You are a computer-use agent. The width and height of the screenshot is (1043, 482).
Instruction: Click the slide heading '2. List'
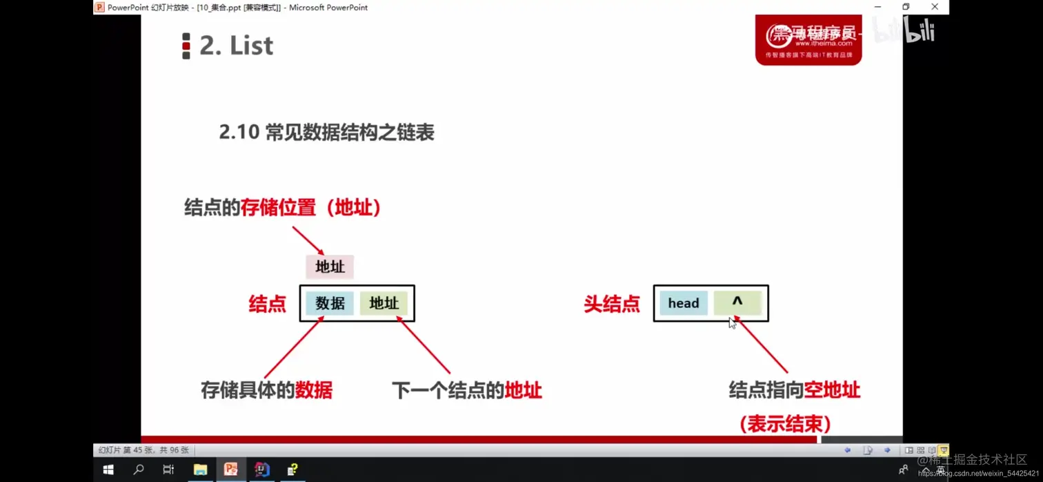(235, 46)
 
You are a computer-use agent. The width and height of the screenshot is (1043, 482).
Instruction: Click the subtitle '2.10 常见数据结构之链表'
(326, 132)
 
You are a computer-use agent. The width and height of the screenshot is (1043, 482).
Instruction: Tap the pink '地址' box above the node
(330, 267)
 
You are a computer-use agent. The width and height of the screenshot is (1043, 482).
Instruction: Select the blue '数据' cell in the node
(330, 303)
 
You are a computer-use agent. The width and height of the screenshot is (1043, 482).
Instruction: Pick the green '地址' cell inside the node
(384, 303)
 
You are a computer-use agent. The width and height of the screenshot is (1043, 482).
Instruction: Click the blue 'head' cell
(683, 303)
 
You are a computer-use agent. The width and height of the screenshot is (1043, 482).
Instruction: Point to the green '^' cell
(737, 302)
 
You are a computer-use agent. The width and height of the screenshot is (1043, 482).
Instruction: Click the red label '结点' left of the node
(267, 304)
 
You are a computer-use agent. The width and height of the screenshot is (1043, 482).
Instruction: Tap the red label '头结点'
(611, 304)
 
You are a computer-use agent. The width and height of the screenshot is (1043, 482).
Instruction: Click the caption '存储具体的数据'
(267, 390)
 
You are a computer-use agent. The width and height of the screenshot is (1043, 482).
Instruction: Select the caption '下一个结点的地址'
(466, 391)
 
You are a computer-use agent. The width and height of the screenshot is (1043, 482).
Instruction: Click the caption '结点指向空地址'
(794, 390)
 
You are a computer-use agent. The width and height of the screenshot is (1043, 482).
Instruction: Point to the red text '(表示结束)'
(785, 423)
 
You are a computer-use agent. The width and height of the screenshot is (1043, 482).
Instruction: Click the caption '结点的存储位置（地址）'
(283, 207)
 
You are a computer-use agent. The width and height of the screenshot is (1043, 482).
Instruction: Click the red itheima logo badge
(808, 40)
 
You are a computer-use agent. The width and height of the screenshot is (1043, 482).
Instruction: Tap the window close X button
(935, 7)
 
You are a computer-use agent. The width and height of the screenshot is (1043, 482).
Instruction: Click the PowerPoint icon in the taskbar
(231, 470)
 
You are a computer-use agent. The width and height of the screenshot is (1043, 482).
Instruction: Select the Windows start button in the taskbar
(108, 470)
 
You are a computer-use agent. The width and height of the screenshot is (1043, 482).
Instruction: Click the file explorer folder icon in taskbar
(200, 470)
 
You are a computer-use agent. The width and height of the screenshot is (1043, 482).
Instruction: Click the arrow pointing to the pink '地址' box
(308, 240)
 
